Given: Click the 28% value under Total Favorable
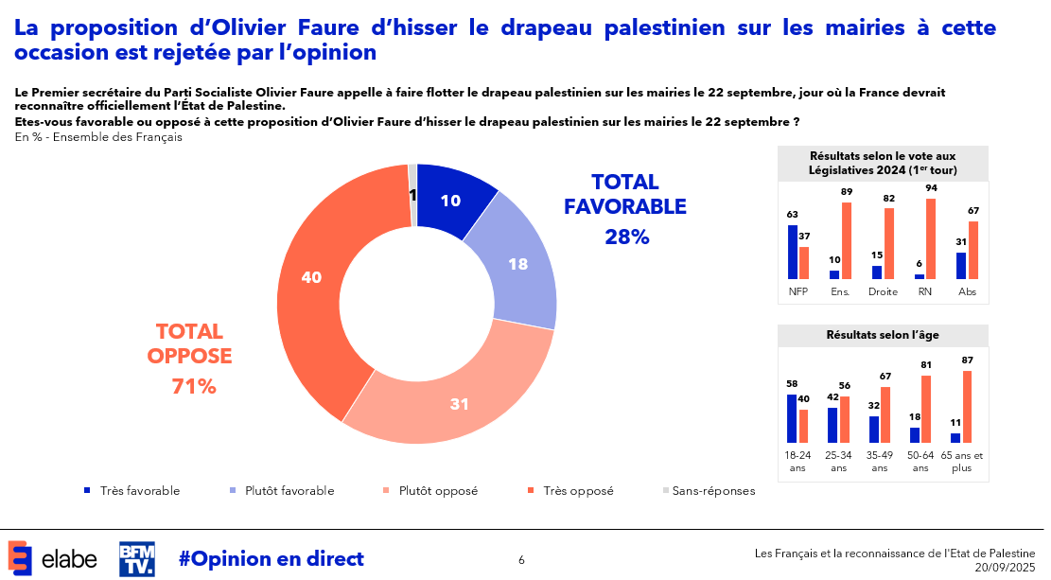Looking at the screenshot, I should [x=626, y=237].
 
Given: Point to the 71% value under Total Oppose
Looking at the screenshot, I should [x=194, y=386].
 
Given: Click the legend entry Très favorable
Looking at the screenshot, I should [x=139, y=490].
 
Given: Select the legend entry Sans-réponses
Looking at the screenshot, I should [x=712, y=490].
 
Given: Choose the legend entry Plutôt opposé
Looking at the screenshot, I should [x=437, y=490].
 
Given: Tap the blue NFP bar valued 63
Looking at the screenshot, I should [x=792, y=252].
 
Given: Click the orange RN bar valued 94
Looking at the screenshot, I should [x=931, y=238].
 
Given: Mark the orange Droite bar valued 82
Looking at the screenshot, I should [x=888, y=243].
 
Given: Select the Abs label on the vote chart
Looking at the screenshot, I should [x=966, y=291].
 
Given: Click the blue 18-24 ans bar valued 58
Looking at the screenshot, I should [x=792, y=418].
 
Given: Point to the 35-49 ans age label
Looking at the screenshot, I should [x=880, y=461].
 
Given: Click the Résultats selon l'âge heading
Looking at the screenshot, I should [x=882, y=335].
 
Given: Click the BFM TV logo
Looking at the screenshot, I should [x=136, y=558].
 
